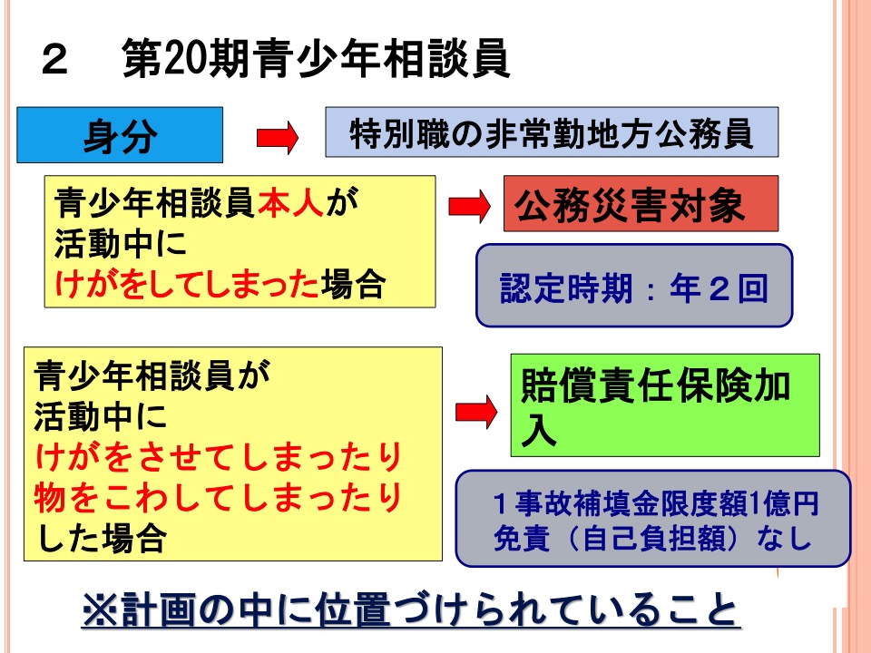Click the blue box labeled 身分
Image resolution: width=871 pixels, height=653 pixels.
click(x=120, y=135)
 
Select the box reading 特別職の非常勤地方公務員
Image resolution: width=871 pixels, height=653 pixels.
click(x=552, y=132)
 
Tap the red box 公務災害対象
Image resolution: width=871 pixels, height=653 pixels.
click(x=641, y=203)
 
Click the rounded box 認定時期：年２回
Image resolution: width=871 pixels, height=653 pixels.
click(x=634, y=286)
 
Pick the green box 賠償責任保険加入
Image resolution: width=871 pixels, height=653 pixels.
click(x=665, y=405)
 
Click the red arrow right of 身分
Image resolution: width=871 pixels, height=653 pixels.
click(x=278, y=138)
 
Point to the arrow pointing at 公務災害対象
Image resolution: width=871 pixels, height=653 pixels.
click(x=469, y=206)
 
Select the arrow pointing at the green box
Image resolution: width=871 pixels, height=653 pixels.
click(x=476, y=412)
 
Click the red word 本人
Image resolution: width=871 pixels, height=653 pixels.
click(x=290, y=202)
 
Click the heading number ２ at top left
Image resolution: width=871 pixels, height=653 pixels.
click(x=55, y=60)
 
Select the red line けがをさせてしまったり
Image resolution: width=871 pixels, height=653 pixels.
click(x=219, y=456)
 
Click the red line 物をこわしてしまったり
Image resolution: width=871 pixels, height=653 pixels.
click(x=219, y=497)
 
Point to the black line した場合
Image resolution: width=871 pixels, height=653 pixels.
click(x=101, y=538)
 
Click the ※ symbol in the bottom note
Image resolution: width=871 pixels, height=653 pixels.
click(x=101, y=609)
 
